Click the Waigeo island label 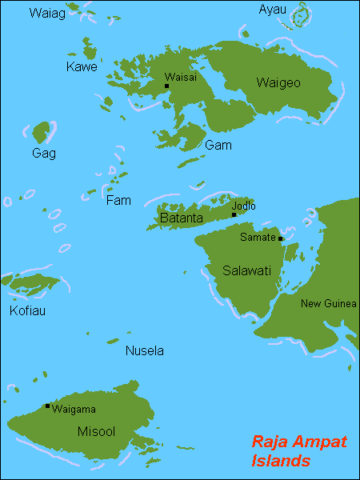point(278,82)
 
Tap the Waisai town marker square point(166,86)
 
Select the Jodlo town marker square point(234,214)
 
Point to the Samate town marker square point(281,238)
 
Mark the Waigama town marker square point(47,406)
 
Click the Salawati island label point(247,270)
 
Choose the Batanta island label point(180,217)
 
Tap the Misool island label point(96,431)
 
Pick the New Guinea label point(328,303)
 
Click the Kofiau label point(27,310)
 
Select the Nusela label point(145,350)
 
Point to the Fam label point(118,201)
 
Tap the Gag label point(43,153)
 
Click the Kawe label point(82,67)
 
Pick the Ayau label point(272,10)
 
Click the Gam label point(218,145)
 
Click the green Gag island point(42,130)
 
